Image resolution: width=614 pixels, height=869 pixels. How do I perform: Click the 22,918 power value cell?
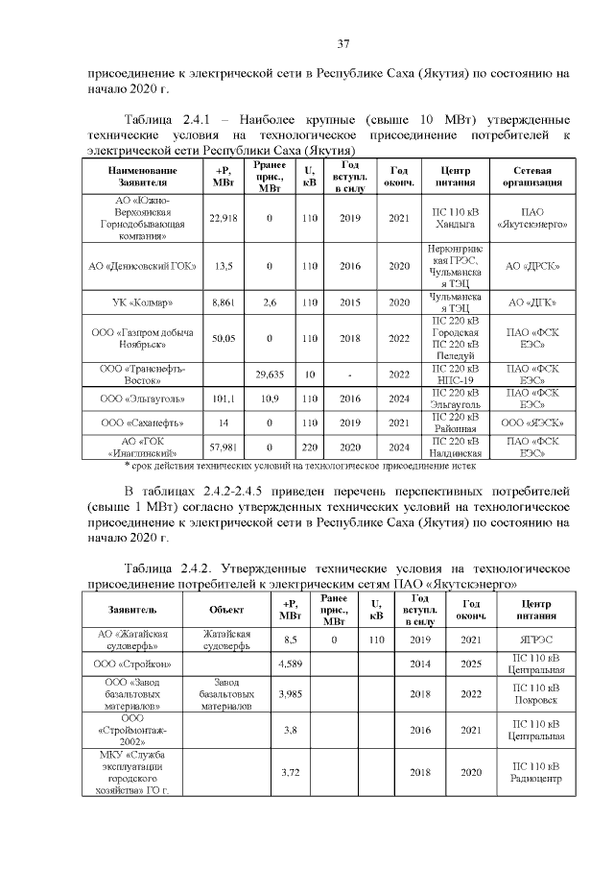pyautogui.click(x=223, y=218)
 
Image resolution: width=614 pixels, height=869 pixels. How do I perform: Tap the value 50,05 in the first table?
pyautogui.click(x=223, y=338)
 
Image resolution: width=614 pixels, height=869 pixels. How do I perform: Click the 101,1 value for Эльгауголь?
pyautogui.click(x=223, y=398)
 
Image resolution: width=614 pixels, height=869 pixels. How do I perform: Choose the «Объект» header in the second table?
pyautogui.click(x=226, y=609)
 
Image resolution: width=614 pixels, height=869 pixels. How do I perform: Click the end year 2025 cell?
pyautogui.click(x=471, y=664)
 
